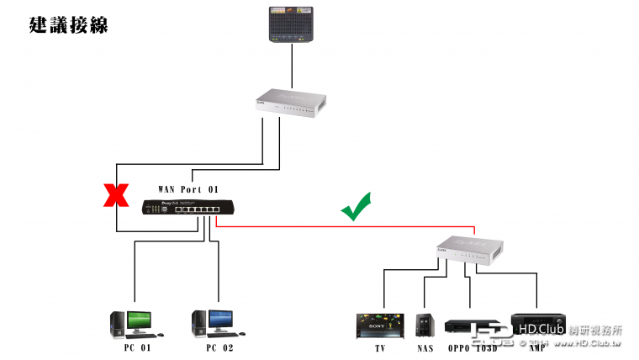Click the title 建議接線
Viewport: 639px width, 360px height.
pos(68,25)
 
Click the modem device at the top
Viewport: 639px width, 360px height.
pos(292,24)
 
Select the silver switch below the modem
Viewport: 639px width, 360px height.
pos(292,102)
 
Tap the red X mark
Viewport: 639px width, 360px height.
pos(115,197)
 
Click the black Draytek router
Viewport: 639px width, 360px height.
pos(181,207)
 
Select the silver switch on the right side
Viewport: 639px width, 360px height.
pos(469,248)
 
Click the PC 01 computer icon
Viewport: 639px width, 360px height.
pos(133,324)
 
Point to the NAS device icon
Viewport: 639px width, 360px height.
pos(425,326)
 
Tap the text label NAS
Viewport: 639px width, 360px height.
pos(425,347)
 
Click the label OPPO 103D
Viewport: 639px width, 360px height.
pos(473,347)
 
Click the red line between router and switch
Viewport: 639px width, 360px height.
pos(345,226)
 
